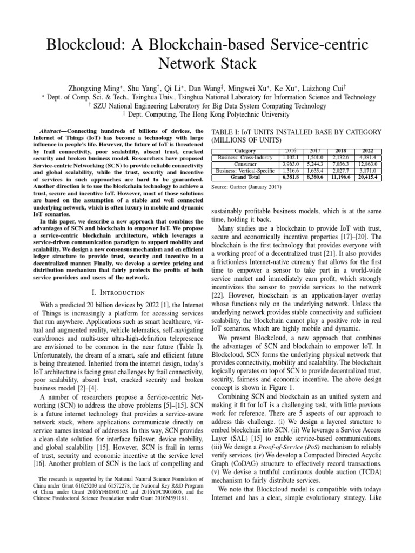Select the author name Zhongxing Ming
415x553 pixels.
[x=91, y=87]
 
